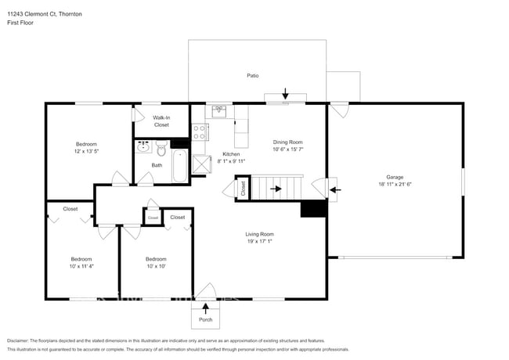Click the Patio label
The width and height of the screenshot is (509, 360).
coord(253,76)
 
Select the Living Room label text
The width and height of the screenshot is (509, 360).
coord(260,234)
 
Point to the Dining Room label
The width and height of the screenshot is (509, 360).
coord(287,142)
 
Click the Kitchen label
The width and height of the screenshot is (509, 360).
coord(231,154)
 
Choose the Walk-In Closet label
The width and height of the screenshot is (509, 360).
coord(161,121)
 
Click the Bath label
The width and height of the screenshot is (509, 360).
coord(157,164)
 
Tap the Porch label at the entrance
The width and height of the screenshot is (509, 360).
coord(205,319)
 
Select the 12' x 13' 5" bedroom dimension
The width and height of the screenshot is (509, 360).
coord(86,152)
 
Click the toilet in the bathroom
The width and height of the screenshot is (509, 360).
coord(161,147)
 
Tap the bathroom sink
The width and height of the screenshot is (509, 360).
coord(144,146)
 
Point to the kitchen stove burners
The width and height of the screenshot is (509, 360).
coord(200,131)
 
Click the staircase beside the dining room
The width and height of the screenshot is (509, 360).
coord(286,189)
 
